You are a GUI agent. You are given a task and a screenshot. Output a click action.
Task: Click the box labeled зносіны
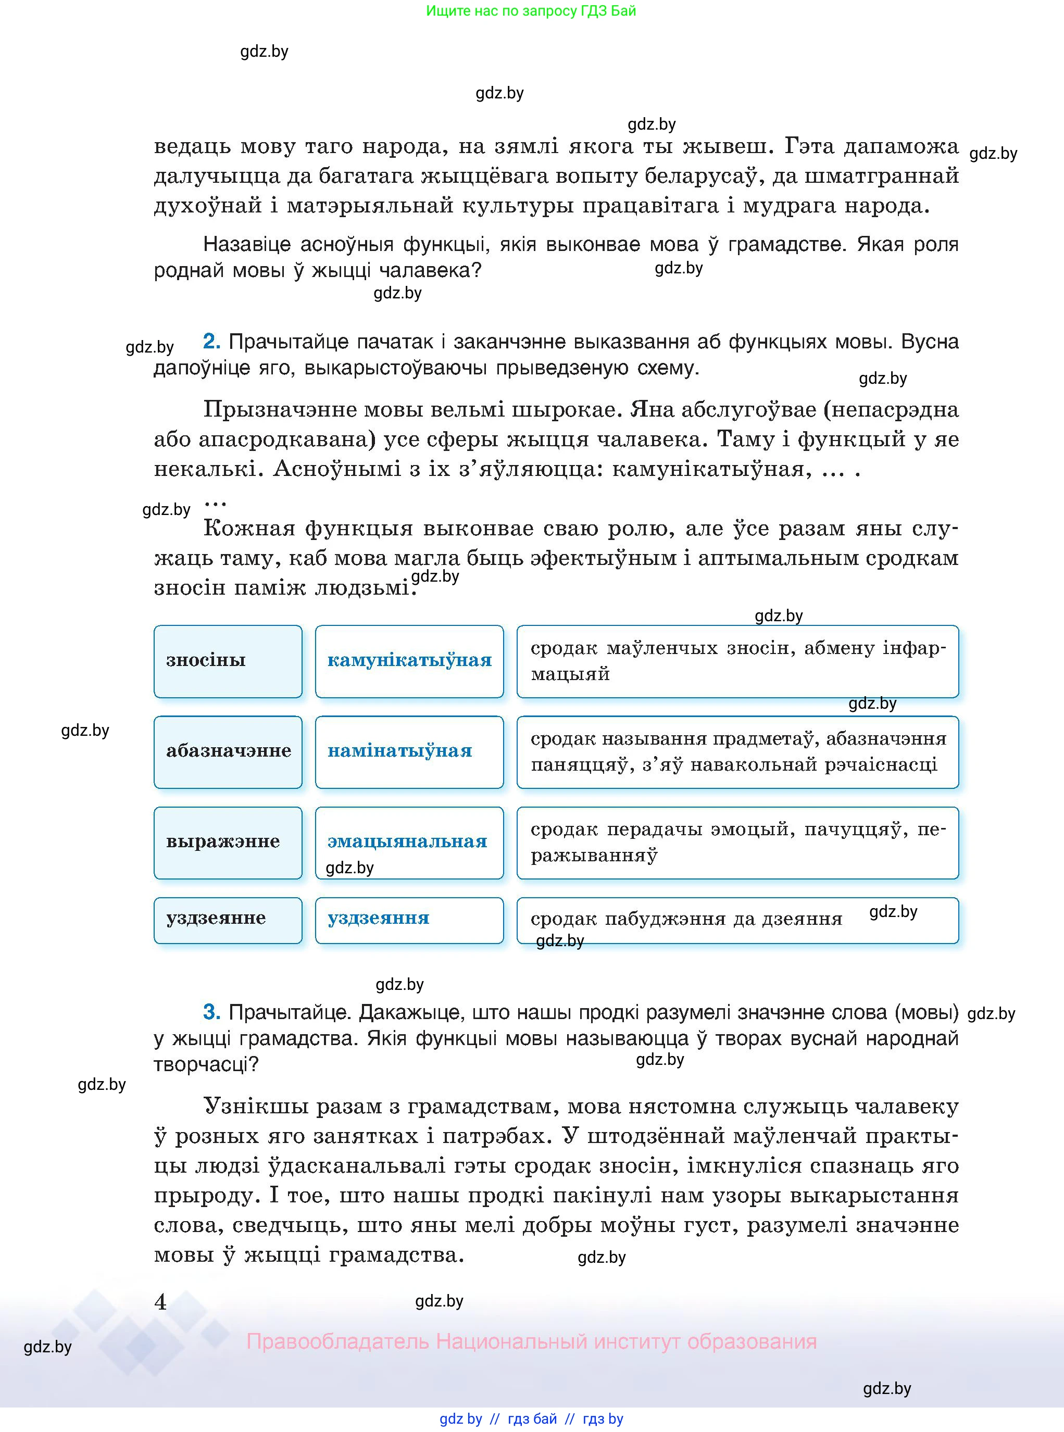228,661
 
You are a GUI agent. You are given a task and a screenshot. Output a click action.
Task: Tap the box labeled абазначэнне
228,751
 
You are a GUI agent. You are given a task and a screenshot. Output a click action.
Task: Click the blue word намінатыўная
399,751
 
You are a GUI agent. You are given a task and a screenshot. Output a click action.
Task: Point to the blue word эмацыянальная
407,841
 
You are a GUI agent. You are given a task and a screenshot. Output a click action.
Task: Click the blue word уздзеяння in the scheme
378,918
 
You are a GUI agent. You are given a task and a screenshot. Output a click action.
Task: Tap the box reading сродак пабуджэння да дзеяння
737,920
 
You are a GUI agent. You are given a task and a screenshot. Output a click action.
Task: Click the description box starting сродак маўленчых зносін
737,661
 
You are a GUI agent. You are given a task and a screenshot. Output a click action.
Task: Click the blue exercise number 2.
212,341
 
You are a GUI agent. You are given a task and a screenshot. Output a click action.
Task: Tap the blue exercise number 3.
212,1012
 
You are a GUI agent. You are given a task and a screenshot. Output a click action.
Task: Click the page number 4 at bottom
161,1302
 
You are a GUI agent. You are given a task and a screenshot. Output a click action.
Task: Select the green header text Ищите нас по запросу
531,11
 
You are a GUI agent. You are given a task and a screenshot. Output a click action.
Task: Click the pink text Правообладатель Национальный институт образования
531,1341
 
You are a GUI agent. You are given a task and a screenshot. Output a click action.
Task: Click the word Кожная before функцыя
248,529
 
